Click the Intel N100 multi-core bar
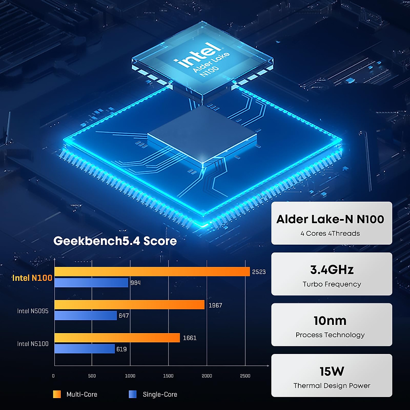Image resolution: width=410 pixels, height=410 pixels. click(152, 272)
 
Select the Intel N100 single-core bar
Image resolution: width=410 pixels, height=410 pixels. click(91, 283)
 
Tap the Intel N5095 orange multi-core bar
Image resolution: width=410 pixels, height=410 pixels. click(129, 305)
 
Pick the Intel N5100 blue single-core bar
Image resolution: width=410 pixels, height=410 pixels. click(84, 349)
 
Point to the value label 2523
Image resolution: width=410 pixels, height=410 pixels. click(259, 272)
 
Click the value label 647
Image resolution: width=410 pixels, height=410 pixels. click(124, 316)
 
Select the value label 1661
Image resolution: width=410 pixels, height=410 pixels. click(190, 338)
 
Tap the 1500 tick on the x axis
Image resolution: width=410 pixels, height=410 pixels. click(168, 376)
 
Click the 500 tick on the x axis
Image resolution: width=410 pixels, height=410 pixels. click(92, 376)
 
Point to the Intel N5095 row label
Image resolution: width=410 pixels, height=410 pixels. click(33, 311)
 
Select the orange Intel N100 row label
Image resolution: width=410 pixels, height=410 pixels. click(32, 278)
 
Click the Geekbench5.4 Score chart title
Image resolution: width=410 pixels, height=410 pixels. click(115, 241)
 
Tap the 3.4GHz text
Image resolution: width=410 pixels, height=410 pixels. click(332, 270)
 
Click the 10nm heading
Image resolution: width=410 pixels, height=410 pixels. click(330, 321)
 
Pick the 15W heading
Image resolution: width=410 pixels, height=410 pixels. click(332, 371)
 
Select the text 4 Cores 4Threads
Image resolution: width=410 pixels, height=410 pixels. click(330, 233)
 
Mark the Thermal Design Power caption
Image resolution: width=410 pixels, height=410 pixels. click(332, 386)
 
